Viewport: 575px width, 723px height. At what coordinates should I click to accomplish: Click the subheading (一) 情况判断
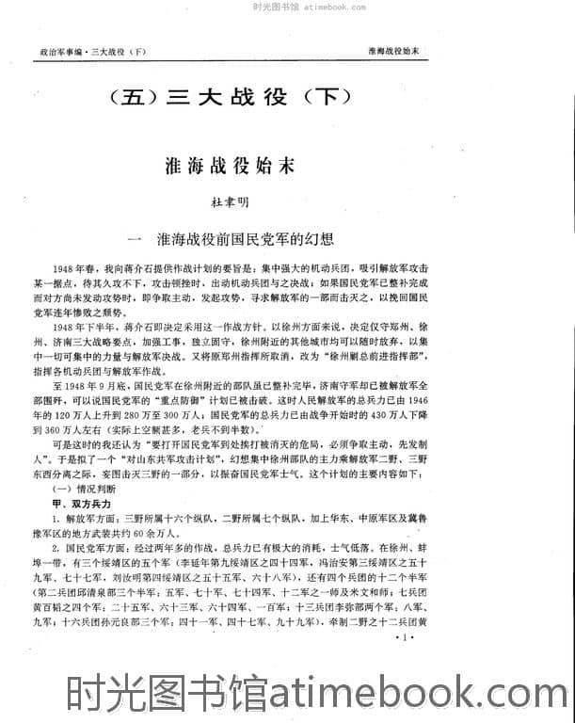[x=87, y=490]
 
